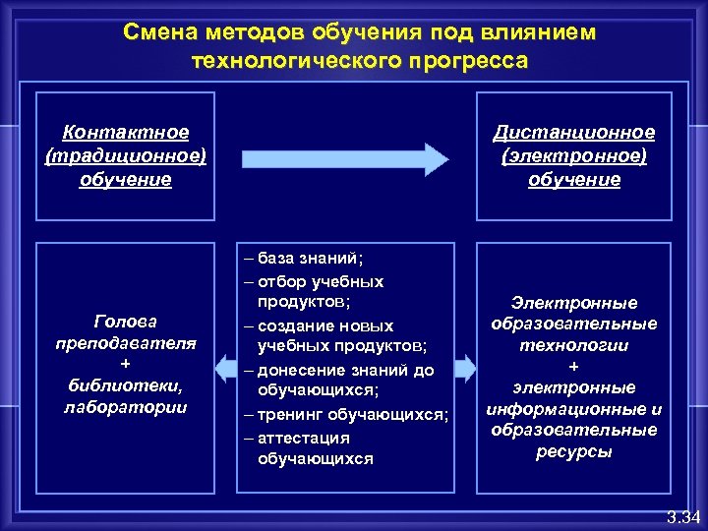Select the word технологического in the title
click(x=288, y=61)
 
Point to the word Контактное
click(x=125, y=132)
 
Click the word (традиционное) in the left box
click(x=125, y=155)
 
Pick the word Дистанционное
click(x=574, y=132)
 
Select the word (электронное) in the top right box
click(x=574, y=155)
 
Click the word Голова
click(x=125, y=321)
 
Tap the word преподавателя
click(x=125, y=342)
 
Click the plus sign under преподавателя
click(x=125, y=364)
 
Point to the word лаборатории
click(x=125, y=406)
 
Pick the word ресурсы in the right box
click(x=574, y=451)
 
